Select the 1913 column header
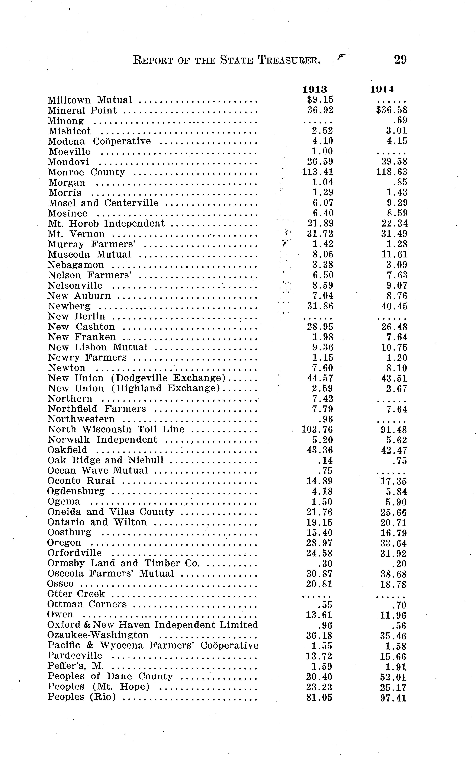click(x=315, y=89)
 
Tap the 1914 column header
click(x=382, y=89)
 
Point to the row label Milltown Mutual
click(x=90, y=100)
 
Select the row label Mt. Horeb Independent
click(x=106, y=224)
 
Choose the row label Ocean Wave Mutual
click(x=98, y=471)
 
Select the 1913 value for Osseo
click(x=319, y=584)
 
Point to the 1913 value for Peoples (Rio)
click(x=319, y=698)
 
